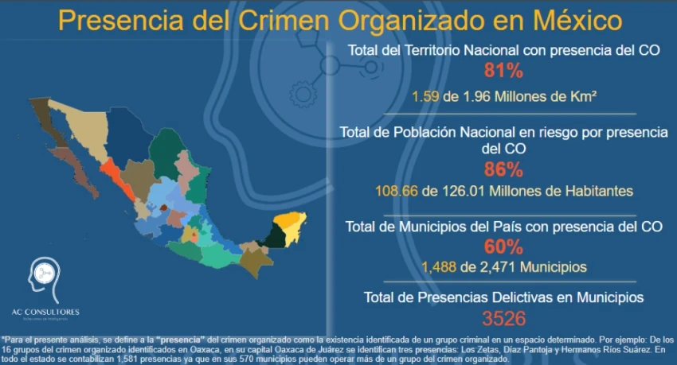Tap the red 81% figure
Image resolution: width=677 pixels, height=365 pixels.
pos(503,72)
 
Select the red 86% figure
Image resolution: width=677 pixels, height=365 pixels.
pos(503,169)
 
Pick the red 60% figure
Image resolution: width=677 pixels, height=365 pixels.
pos(503,247)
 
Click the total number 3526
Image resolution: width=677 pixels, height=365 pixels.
pos(503,319)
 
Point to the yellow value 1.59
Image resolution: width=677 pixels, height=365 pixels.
pos(425,96)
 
